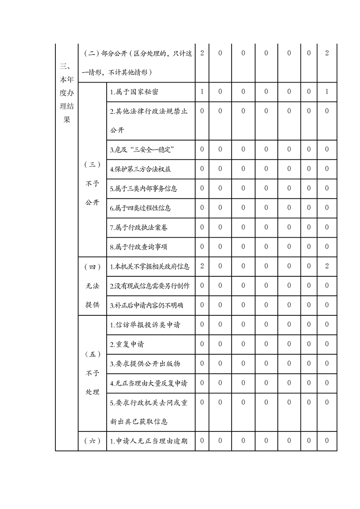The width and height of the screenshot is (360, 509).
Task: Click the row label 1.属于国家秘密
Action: click(x=134, y=92)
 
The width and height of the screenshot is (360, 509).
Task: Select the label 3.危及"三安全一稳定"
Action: click(x=143, y=150)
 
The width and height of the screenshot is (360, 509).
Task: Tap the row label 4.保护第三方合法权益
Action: click(x=140, y=169)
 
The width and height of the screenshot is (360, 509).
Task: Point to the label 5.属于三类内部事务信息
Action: click(x=143, y=189)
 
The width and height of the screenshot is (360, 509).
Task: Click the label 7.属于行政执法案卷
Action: click(x=139, y=227)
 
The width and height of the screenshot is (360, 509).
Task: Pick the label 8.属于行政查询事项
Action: click(x=139, y=247)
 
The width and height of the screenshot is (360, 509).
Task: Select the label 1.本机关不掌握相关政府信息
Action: click(x=150, y=266)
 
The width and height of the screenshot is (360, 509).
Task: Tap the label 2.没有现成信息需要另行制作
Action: click(x=150, y=286)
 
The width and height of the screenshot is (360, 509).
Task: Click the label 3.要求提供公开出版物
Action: click(x=145, y=364)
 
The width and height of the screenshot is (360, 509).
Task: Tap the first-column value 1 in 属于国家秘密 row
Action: click(x=202, y=92)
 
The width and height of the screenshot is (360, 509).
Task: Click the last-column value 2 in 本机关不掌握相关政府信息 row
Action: click(x=327, y=266)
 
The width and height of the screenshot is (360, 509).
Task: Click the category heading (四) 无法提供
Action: click(x=92, y=286)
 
